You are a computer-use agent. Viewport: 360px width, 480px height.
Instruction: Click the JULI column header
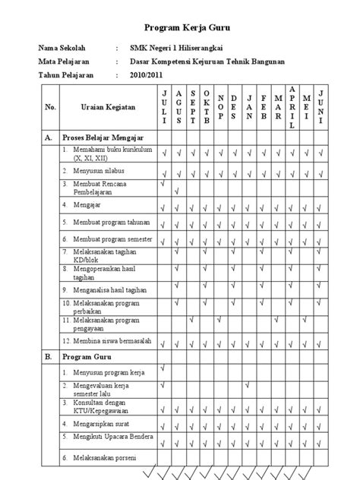pyautogui.click(x=163, y=108)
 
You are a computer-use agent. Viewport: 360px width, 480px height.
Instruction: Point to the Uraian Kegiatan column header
pyautogui.click(x=107, y=108)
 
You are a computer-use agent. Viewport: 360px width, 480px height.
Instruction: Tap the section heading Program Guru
pyautogui.click(x=87, y=355)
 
